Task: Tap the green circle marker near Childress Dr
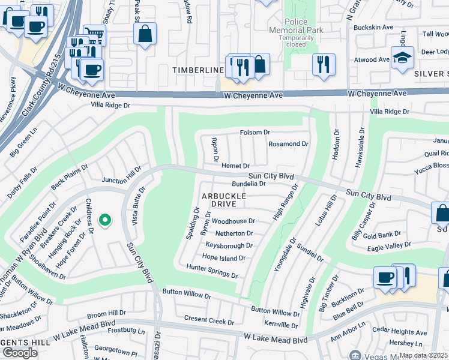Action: point(105,221)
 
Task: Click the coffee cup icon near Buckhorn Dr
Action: point(385,278)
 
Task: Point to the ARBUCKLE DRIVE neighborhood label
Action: point(223,200)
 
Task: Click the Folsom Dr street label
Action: point(255,132)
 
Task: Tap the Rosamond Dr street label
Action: point(288,144)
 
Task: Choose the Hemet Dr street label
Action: point(235,166)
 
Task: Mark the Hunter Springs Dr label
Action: point(212,271)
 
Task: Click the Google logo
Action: point(20,353)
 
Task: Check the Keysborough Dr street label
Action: point(229,245)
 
